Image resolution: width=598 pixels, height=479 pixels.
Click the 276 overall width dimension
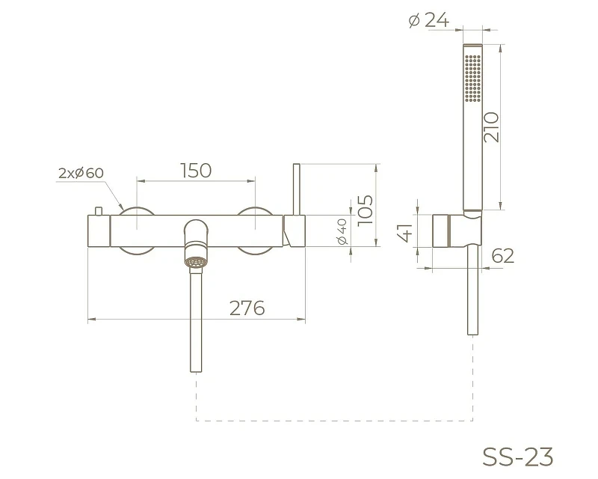pyautogui.click(x=247, y=308)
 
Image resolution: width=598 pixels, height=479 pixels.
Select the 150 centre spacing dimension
pyautogui.click(x=196, y=171)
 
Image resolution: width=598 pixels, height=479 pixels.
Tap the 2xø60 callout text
pyautogui.click(x=81, y=173)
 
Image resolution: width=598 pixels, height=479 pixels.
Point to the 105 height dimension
pyautogui.click(x=365, y=210)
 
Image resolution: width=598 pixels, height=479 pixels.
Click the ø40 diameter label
pyautogui.click(x=342, y=231)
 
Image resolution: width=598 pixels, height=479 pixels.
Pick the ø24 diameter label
pyautogui.click(x=428, y=20)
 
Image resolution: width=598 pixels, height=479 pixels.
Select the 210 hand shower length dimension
pyautogui.click(x=491, y=127)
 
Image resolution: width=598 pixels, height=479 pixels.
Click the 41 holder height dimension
pyautogui.click(x=405, y=233)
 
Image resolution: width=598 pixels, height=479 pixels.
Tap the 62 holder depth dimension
pyautogui.click(x=502, y=255)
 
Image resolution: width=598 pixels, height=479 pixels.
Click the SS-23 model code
pyautogui.click(x=517, y=457)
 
